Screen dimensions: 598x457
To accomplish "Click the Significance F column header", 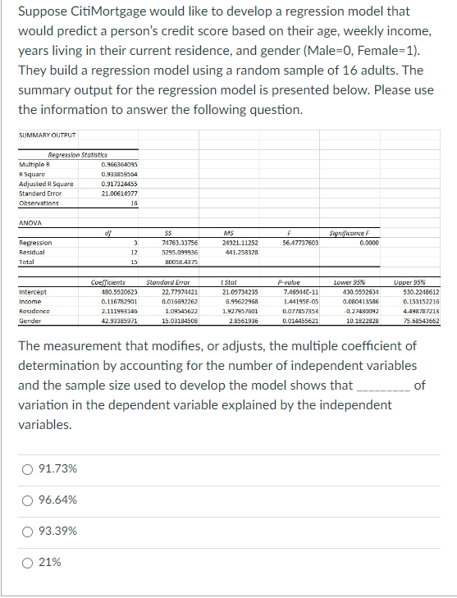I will tap(354, 233).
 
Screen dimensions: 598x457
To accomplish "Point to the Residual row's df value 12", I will tap(132, 252).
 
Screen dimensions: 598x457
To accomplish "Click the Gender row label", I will tap(30, 321).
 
